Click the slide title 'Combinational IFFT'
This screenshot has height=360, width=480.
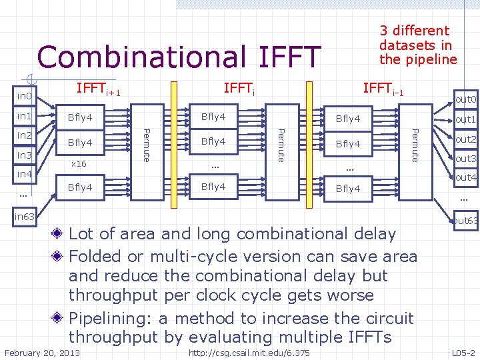click(x=179, y=57)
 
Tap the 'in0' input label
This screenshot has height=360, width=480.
click(x=25, y=97)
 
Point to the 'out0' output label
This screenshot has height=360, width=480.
click(x=465, y=100)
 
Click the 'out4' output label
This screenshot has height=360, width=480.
click(x=465, y=177)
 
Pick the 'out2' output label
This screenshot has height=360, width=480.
click(x=465, y=139)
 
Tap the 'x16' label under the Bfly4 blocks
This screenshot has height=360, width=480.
click(x=79, y=163)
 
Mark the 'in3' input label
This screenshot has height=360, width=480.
click(x=25, y=155)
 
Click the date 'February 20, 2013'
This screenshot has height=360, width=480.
click(x=42, y=353)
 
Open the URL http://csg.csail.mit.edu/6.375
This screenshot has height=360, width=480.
click(x=249, y=353)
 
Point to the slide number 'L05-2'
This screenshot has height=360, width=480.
click(x=463, y=353)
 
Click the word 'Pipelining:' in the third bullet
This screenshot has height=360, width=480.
click(x=111, y=318)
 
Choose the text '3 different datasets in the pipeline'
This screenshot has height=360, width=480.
click(x=418, y=45)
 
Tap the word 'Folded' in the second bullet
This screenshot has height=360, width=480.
click(x=99, y=257)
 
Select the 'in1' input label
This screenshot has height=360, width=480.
click(x=25, y=117)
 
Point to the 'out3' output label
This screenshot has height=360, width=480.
click(x=465, y=159)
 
